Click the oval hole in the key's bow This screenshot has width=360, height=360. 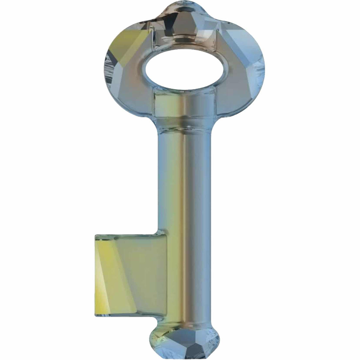(x=182, y=68)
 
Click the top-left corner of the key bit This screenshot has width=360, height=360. (x=96, y=235)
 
